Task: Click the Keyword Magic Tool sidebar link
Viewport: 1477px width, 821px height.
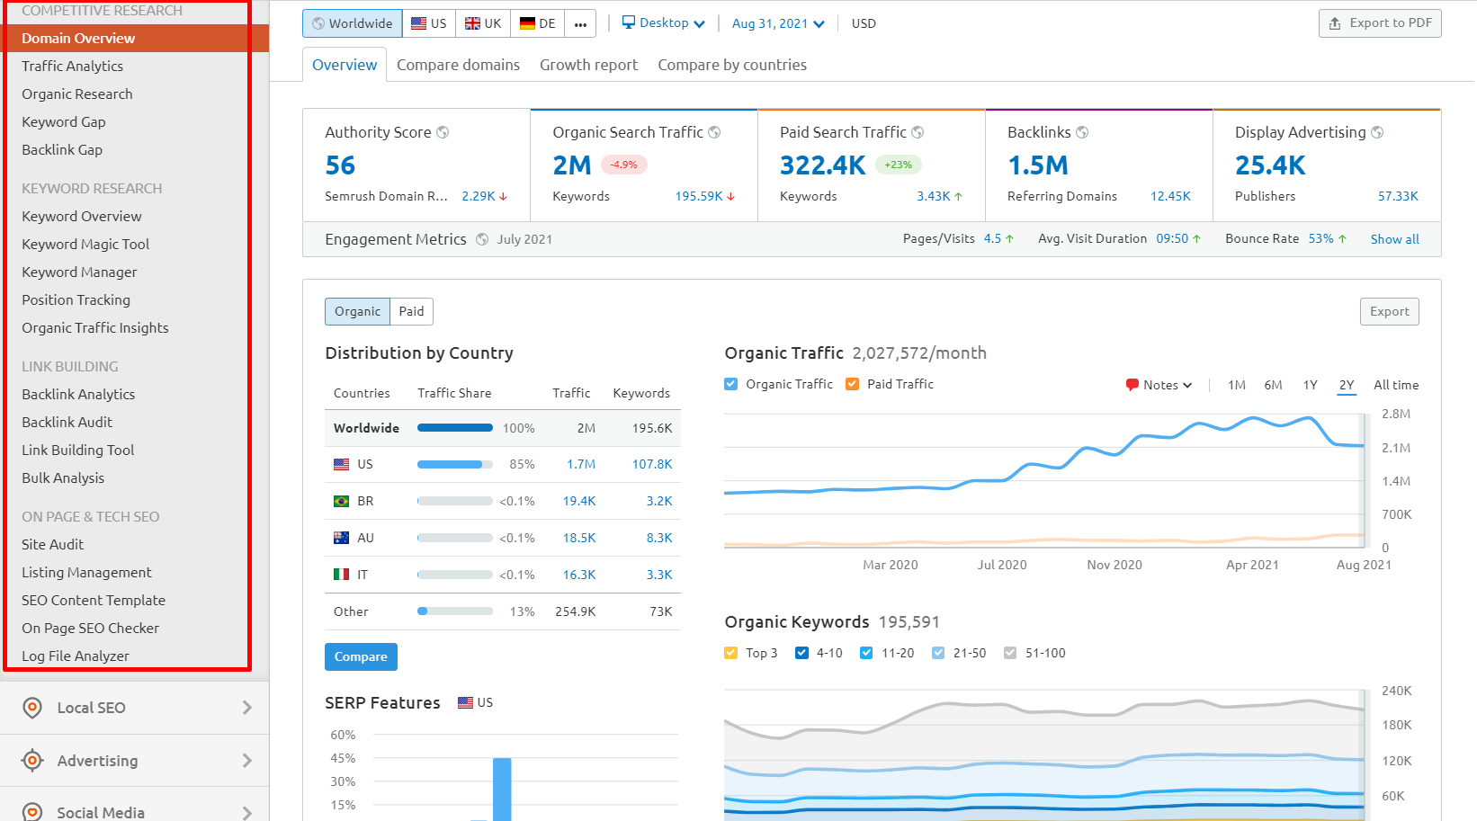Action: click(85, 244)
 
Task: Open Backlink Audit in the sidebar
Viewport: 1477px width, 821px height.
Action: click(67, 422)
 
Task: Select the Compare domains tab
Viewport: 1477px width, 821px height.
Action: click(458, 65)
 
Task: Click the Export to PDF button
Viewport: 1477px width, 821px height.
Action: click(1380, 23)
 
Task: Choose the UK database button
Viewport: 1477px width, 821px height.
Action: click(483, 23)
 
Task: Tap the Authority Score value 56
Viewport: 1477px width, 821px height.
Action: click(340, 165)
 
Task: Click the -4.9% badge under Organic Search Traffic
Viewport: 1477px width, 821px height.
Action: click(623, 165)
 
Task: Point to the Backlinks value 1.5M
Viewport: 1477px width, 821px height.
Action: click(1037, 165)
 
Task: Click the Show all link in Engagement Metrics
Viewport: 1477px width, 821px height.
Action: click(1394, 239)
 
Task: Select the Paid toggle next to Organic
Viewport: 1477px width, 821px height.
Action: click(411, 311)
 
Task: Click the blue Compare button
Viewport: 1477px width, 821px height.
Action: click(361, 656)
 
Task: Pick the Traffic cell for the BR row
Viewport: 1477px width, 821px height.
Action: click(579, 501)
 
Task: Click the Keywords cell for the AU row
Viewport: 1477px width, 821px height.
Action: click(659, 538)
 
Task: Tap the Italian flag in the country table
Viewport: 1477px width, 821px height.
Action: click(341, 575)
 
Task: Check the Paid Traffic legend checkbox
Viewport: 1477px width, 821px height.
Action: click(852, 384)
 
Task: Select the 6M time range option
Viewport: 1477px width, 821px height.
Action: click(1273, 385)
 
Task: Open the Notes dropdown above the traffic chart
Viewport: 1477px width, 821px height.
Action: click(1159, 385)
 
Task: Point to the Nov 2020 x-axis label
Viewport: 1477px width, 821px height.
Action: click(1114, 565)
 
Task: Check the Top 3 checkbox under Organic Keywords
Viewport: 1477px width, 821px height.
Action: click(730, 653)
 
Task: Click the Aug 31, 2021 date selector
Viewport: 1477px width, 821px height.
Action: click(777, 23)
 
